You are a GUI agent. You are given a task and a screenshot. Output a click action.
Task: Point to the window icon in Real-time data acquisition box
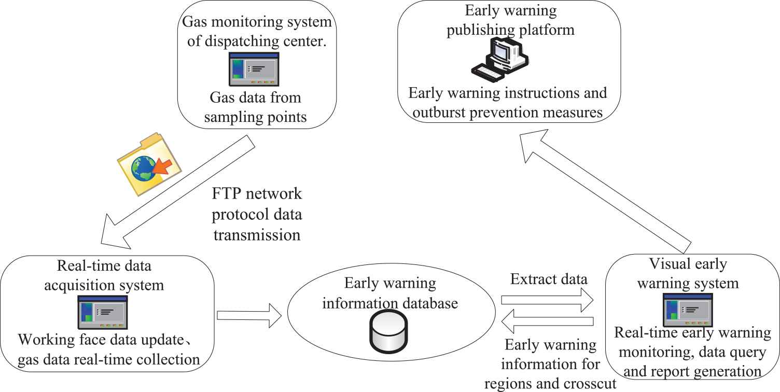point(102,312)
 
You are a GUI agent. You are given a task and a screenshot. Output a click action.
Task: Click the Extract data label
point(549,281)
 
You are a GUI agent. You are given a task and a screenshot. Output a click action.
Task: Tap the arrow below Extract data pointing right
point(547,300)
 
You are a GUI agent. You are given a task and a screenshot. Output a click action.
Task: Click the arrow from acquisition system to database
point(250,315)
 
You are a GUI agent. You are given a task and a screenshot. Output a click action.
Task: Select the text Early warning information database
point(389,293)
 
